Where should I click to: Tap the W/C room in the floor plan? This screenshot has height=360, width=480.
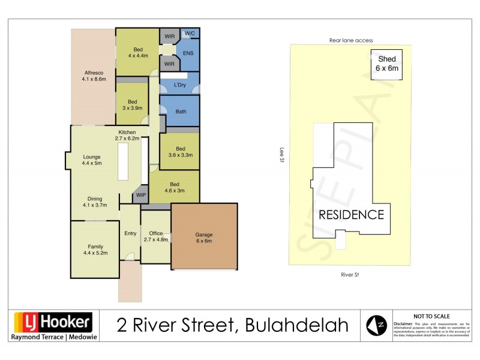pos(190,34)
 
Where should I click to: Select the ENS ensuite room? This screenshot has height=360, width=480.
pos(188,53)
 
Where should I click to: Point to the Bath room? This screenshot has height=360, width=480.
pos(181,112)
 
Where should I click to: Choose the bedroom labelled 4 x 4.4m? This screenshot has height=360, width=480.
pos(137,52)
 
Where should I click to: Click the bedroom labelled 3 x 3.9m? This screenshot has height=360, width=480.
pos(133,105)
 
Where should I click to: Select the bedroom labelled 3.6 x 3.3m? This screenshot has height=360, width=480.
pos(180,152)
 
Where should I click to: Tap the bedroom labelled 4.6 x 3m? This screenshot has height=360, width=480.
pos(174,187)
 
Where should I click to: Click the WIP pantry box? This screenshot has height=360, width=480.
pos(141,195)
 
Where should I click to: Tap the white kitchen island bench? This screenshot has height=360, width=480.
pos(123,161)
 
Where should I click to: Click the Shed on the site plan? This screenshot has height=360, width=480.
pos(386,64)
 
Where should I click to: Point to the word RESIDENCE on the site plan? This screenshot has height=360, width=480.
pos(351,215)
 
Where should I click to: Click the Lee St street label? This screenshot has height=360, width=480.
pos(281,155)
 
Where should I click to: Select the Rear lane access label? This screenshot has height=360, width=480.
pos(351,40)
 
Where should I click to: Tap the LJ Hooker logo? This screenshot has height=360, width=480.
pos(52,323)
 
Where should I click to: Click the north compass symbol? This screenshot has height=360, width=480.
pos(375,325)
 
